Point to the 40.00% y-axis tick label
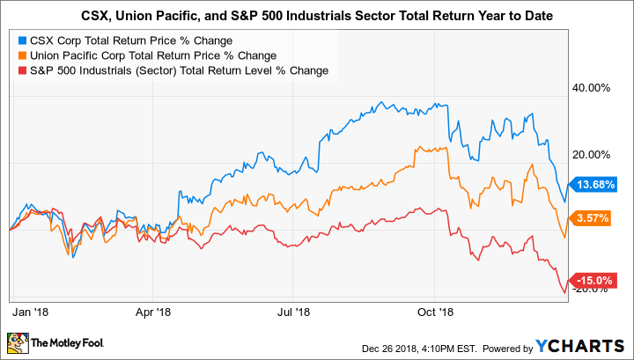(x=592, y=88)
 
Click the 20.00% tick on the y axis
(x=592, y=155)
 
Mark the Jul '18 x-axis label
(x=293, y=311)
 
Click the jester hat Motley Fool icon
(x=18, y=342)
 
